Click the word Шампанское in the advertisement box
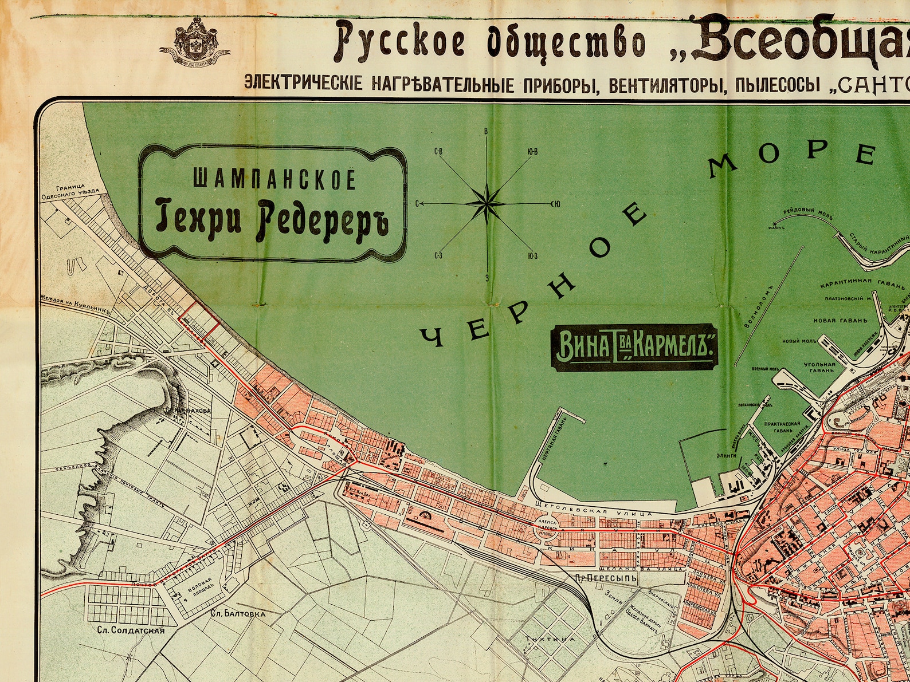[274, 179]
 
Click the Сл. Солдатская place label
[130, 630]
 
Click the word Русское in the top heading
[401, 44]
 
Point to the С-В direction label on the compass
[439, 152]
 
